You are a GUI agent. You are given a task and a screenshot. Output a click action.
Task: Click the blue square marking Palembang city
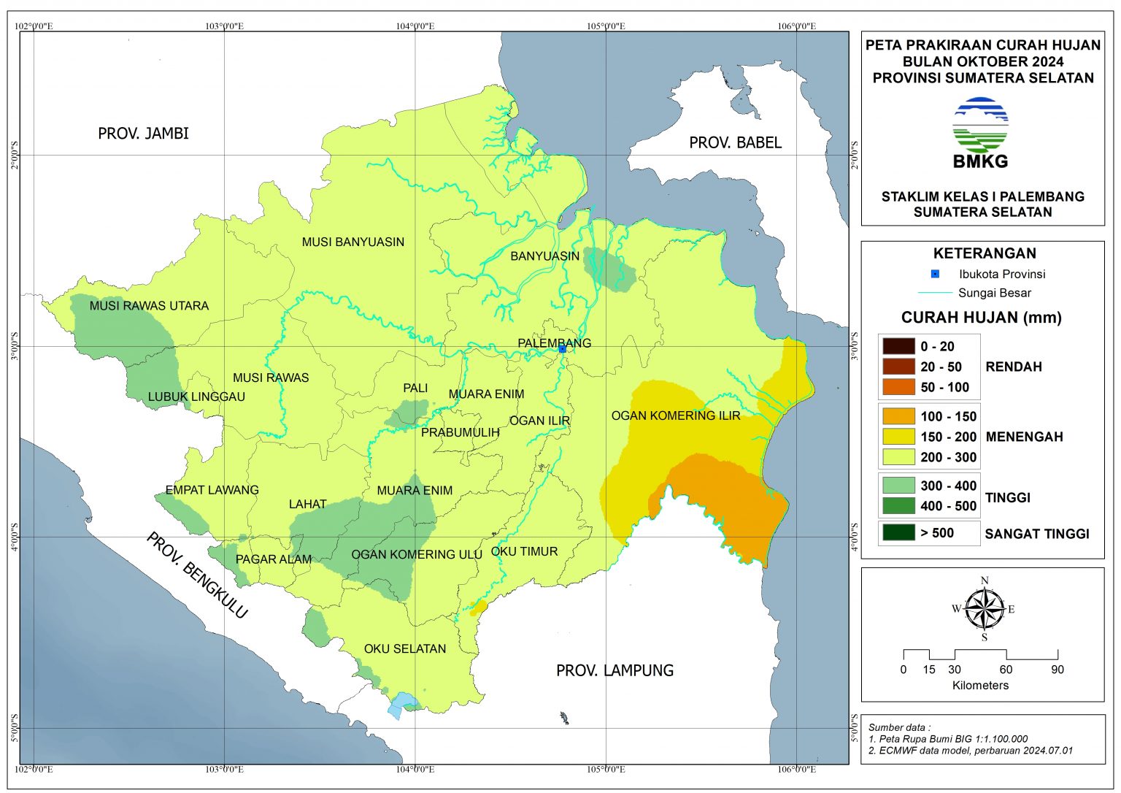coord(562,349)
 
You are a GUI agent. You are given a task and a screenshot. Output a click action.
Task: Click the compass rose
coord(984,608)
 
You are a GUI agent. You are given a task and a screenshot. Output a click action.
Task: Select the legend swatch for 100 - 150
coord(898,416)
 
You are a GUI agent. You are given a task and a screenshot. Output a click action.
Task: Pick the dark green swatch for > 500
coord(898,532)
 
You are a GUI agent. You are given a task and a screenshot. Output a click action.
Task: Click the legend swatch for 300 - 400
coord(898,486)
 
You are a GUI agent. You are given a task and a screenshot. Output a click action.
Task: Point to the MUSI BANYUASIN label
coord(353,242)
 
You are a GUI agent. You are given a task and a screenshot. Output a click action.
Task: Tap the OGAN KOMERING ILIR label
coord(675,415)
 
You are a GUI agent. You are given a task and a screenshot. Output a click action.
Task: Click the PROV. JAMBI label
coord(143,133)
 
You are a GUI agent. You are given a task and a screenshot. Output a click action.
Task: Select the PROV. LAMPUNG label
coord(615,670)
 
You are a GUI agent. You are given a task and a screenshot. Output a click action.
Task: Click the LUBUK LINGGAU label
coord(196,396)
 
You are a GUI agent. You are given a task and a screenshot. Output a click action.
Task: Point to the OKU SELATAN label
coord(405,648)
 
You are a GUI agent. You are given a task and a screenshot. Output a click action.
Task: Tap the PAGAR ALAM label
coord(274,559)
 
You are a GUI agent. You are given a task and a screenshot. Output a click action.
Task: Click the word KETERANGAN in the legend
coord(984,253)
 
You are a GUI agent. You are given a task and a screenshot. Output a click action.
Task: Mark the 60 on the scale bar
coord(1006,670)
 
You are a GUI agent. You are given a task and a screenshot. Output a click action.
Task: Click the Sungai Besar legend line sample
coord(934,293)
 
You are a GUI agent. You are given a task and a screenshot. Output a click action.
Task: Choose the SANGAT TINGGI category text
coord(1036,534)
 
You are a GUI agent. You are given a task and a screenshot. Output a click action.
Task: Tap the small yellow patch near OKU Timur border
coord(479,607)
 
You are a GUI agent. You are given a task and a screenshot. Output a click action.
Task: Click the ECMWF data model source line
coord(971,751)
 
